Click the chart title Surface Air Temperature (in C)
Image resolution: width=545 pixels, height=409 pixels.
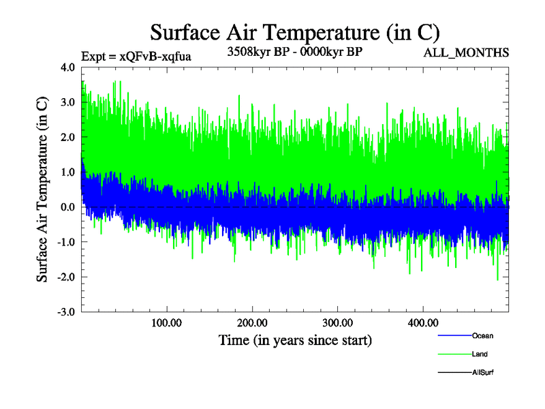pos(294,32)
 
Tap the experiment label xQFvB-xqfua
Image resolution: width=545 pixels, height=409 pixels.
pos(136,57)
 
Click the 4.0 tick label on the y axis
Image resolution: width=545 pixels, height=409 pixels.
pos(68,67)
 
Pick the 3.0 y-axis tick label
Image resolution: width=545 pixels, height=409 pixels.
pos(68,102)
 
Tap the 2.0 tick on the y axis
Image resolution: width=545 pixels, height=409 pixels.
pos(68,137)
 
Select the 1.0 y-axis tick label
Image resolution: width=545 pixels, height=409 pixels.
pos(68,172)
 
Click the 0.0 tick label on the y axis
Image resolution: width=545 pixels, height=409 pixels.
pos(68,207)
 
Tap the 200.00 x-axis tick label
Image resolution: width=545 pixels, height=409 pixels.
pos(252,322)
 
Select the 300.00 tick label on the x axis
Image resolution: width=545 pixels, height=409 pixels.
pos(337,322)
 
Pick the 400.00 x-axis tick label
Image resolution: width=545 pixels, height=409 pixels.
pos(423,322)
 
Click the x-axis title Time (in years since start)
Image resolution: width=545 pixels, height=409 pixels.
pos(295,339)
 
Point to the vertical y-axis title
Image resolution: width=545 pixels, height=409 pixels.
pos(42,190)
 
